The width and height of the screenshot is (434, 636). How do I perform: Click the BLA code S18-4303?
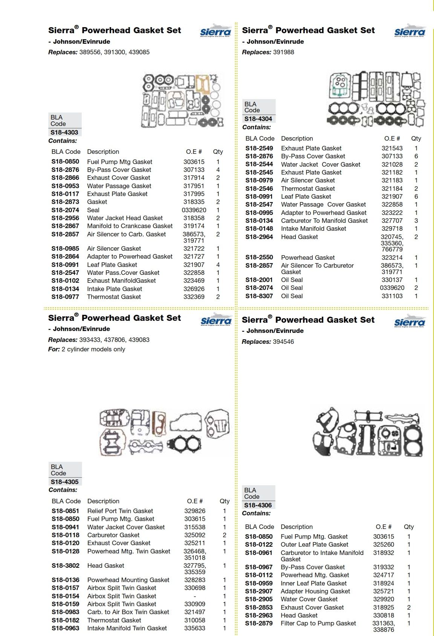64,132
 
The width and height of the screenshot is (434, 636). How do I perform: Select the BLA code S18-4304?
258,119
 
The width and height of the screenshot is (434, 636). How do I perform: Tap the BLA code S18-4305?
65,482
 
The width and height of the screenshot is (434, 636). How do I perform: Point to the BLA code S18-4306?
258,505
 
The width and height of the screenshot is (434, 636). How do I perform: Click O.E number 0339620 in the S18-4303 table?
194,210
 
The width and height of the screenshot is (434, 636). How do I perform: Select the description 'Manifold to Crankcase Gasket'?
130,226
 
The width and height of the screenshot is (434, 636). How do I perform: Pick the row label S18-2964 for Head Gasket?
259,237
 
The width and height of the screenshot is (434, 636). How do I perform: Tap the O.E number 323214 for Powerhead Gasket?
392,257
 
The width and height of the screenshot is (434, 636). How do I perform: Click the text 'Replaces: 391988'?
268,52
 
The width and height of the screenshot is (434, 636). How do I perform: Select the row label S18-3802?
66,566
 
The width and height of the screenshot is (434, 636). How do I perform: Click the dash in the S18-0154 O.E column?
195,596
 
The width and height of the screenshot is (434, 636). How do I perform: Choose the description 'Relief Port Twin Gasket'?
120,511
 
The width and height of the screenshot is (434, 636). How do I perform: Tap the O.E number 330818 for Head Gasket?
384,615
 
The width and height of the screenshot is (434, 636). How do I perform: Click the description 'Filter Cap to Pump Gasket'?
318,623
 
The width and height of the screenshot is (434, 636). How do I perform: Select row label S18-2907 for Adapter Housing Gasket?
258,591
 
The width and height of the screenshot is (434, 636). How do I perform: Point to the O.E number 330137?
392,280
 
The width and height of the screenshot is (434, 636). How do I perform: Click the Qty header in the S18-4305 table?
225,501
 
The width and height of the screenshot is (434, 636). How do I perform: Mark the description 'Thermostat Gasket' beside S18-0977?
114,297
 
